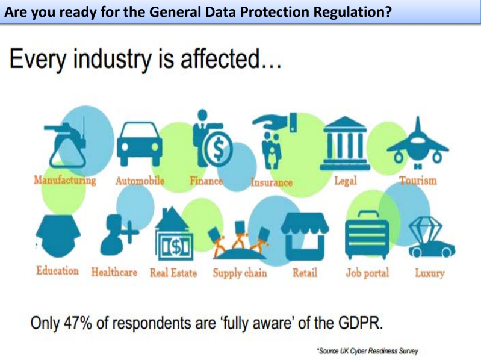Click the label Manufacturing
pos(64,180)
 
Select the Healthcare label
pos(114,272)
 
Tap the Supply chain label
pos(240,273)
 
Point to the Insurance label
pos(272,182)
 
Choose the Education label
pos(57,271)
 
